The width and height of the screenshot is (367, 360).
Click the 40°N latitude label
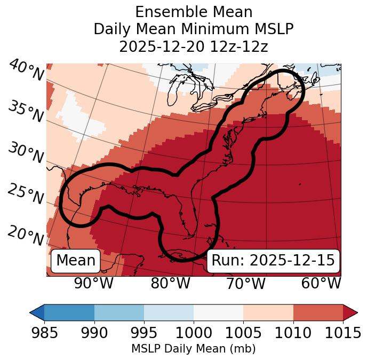(x=26, y=71)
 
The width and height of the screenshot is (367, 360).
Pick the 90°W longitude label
(x=93, y=283)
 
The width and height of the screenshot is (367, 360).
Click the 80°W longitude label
(x=170, y=283)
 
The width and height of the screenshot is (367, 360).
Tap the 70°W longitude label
(x=245, y=283)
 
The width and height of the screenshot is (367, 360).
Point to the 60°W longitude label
(x=321, y=283)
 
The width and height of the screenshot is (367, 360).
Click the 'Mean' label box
(x=76, y=261)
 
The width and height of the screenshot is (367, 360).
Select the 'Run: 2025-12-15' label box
(x=273, y=261)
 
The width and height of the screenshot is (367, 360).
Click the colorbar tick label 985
(x=44, y=333)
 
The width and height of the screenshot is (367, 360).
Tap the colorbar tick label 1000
(x=194, y=333)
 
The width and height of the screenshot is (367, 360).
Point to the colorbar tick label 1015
(x=342, y=333)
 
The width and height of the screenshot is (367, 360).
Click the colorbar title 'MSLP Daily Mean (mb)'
(x=193, y=349)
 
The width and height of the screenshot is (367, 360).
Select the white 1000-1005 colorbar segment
(x=218, y=312)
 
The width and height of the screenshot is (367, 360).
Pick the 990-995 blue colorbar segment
(x=119, y=312)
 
